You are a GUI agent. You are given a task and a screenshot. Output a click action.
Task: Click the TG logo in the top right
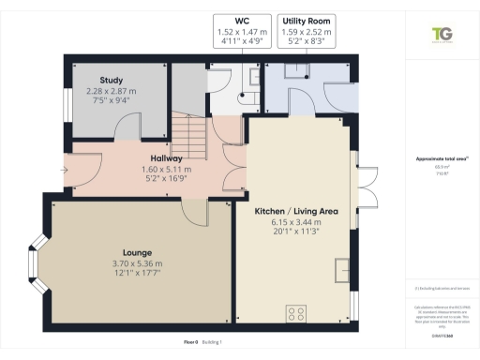tap(439, 35)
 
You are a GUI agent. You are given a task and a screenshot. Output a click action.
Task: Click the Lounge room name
tap(137, 252)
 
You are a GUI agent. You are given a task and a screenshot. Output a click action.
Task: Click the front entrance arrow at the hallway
tap(63, 170)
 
